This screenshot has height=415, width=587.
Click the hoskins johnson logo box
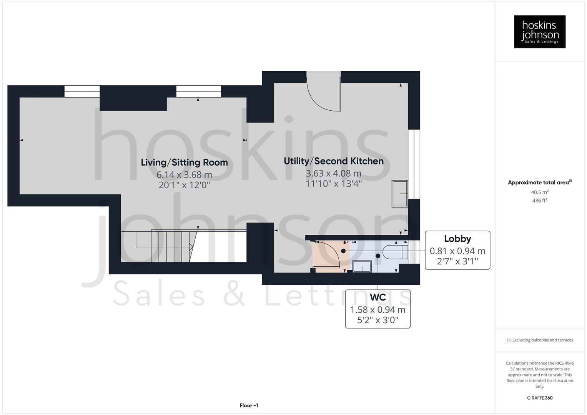pyautogui.click(x=539, y=32)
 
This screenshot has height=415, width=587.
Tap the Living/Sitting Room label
pyautogui.click(x=184, y=162)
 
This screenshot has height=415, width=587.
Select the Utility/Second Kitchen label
pyautogui.click(x=333, y=161)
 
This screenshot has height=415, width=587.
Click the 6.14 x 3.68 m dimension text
pyautogui.click(x=184, y=175)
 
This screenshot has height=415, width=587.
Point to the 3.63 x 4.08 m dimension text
pyautogui.click(x=333, y=173)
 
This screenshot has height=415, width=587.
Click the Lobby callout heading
pyautogui.click(x=457, y=239)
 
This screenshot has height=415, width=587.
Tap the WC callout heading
pyautogui.click(x=377, y=297)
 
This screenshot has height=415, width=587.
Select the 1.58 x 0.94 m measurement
pyautogui.click(x=377, y=310)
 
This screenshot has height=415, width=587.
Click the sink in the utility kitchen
pyautogui.click(x=399, y=193)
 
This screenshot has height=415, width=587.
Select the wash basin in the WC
pyautogui.click(x=362, y=266)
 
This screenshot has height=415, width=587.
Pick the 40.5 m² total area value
pyautogui.click(x=539, y=192)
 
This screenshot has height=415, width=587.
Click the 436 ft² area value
pyautogui.click(x=539, y=201)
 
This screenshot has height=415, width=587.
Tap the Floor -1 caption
pyautogui.click(x=249, y=405)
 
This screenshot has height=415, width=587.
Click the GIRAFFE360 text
pyautogui.click(x=539, y=398)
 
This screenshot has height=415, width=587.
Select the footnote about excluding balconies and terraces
pyautogui.click(x=539, y=340)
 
